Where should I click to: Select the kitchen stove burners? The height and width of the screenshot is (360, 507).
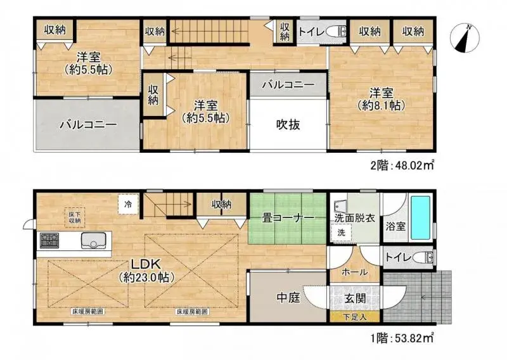[x=49, y=241]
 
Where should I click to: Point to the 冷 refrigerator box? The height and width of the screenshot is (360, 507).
[x=128, y=204]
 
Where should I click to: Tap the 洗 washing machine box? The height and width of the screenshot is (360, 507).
[x=340, y=233]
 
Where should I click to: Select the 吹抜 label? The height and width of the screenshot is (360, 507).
[x=287, y=125]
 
